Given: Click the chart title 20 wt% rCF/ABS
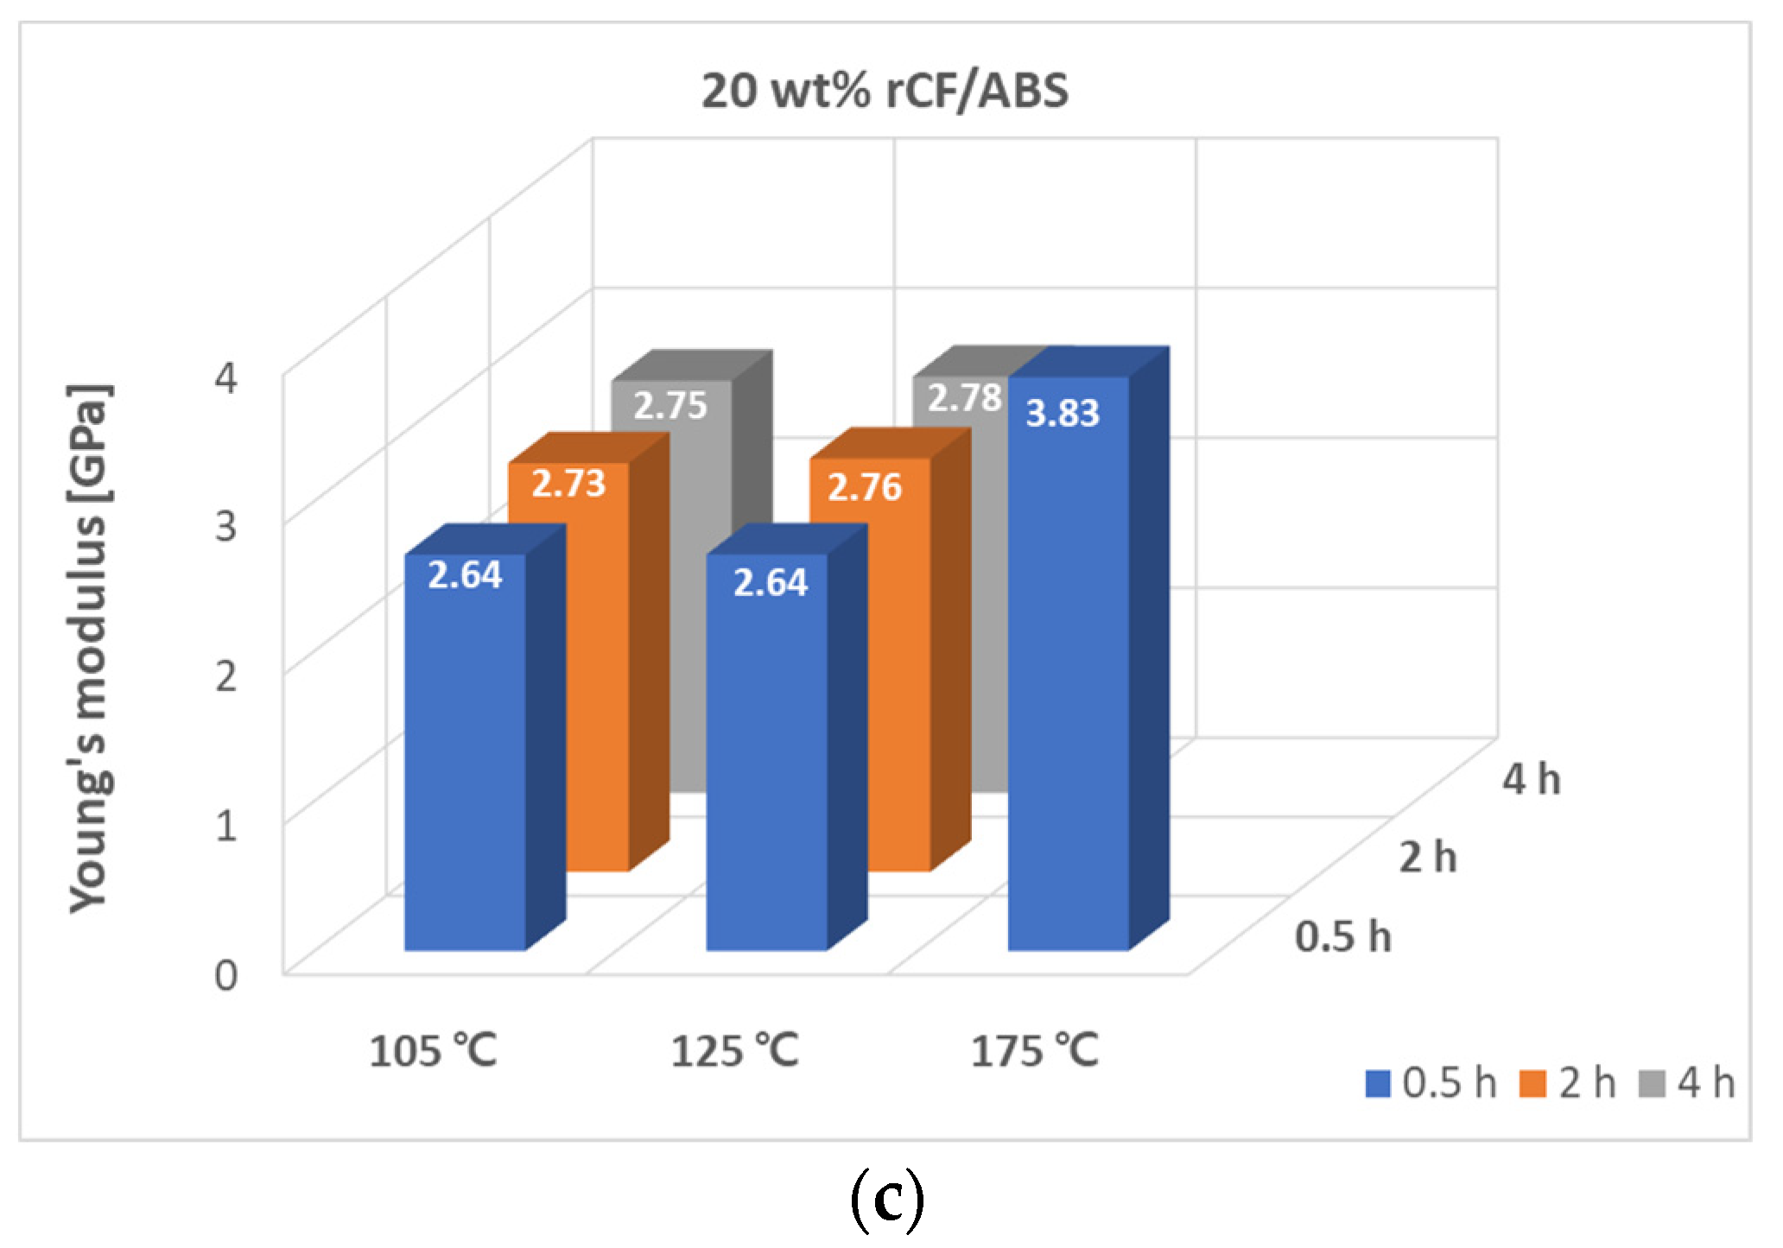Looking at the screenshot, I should pyautogui.click(x=884, y=90).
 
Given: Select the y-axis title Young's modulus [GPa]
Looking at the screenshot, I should pyautogui.click(x=89, y=648).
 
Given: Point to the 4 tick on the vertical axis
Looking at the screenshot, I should pyautogui.click(x=226, y=377).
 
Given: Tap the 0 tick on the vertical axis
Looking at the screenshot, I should pyautogui.click(x=226, y=975).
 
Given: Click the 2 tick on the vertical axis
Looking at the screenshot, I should pyautogui.click(x=226, y=675).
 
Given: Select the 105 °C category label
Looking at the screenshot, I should pyautogui.click(x=433, y=1051).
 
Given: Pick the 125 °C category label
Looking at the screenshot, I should pyautogui.click(x=734, y=1051).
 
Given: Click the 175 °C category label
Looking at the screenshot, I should pyautogui.click(x=1034, y=1051).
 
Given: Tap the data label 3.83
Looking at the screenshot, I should pyautogui.click(x=1062, y=413).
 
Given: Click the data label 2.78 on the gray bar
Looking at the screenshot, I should pyautogui.click(x=963, y=398).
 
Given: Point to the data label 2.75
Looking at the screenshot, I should pyautogui.click(x=670, y=405).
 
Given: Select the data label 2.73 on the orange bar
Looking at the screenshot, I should pyautogui.click(x=568, y=483).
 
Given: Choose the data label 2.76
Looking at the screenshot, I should pyautogui.click(x=865, y=487).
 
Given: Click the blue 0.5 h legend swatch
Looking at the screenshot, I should pyautogui.click(x=1377, y=1084).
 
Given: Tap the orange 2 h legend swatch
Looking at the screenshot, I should pyautogui.click(x=1532, y=1084).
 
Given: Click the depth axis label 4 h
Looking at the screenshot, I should pyautogui.click(x=1531, y=779).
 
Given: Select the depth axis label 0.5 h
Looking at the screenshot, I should pyautogui.click(x=1342, y=937).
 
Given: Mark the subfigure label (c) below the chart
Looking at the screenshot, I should pyautogui.click(x=887, y=1201).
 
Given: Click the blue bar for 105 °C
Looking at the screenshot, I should pyautogui.click(x=465, y=760).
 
